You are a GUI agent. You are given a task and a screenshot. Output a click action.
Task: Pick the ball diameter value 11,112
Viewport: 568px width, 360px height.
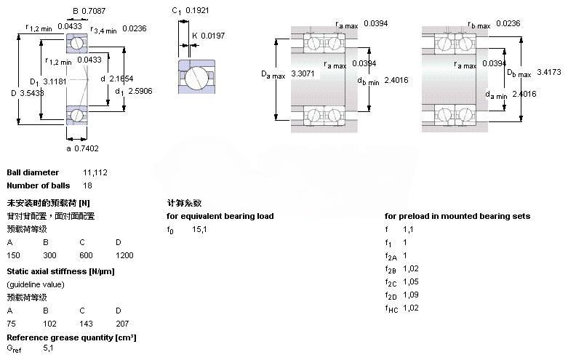click(x=96, y=172)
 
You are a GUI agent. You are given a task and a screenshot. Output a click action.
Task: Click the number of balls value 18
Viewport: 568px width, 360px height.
click(x=88, y=185)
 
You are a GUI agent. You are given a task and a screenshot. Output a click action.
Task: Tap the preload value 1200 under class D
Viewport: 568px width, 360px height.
click(x=124, y=256)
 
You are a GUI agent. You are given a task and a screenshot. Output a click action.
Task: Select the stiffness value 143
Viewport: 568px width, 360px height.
click(x=86, y=324)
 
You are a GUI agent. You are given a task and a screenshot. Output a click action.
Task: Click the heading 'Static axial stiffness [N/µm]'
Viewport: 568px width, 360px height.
click(x=61, y=271)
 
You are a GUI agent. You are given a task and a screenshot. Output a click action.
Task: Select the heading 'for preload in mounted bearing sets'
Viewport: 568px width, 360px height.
click(x=457, y=216)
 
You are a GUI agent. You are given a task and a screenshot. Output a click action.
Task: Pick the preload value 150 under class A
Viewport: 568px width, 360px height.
click(x=14, y=256)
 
